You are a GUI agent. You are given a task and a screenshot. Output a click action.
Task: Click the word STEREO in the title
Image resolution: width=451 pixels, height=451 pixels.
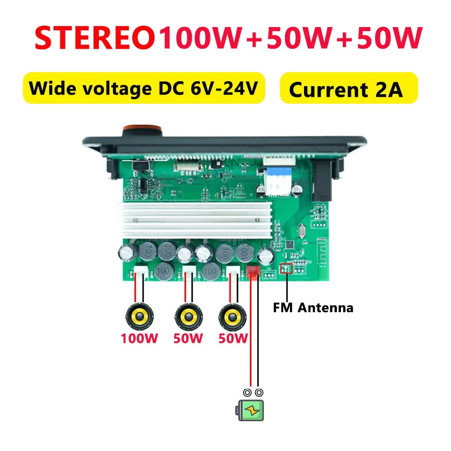(95, 38)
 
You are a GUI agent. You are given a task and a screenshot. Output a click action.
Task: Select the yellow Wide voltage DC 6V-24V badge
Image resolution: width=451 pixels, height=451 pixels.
(144, 88)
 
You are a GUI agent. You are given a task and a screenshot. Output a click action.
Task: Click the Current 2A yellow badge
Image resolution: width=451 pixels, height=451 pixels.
(349, 88)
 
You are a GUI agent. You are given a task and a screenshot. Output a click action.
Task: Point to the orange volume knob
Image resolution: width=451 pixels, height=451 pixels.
(142, 131)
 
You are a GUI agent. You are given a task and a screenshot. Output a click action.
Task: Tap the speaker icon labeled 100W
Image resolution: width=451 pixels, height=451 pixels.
(140, 317)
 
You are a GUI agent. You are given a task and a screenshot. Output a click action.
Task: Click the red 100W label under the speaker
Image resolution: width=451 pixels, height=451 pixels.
(139, 338)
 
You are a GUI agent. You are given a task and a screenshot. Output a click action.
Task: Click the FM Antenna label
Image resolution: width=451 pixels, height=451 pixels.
(313, 308)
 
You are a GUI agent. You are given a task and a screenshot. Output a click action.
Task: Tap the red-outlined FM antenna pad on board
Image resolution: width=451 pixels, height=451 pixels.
(286, 268)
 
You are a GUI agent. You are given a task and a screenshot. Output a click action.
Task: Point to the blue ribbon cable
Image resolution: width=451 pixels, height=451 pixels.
(277, 180)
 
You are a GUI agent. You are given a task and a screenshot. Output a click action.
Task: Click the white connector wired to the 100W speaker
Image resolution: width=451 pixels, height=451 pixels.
(141, 272)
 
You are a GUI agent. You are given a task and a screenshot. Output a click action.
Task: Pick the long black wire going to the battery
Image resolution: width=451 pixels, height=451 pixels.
(258, 331)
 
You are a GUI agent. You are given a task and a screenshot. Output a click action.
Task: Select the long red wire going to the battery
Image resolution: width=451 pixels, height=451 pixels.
(250, 331)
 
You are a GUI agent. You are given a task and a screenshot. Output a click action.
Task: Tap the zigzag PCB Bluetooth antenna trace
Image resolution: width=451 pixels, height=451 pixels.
(322, 250)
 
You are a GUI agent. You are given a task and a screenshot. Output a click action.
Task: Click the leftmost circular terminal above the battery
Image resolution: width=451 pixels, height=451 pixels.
(247, 393)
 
